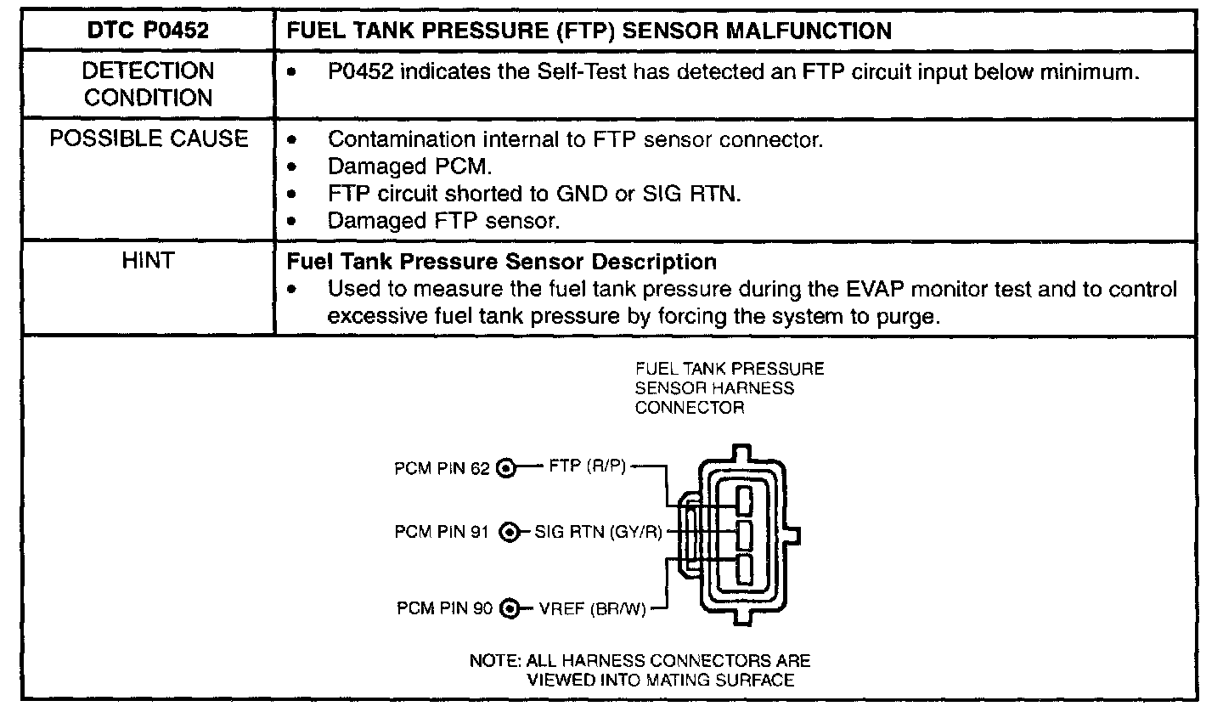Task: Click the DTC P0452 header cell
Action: click(x=149, y=32)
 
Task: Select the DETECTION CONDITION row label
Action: click(x=149, y=84)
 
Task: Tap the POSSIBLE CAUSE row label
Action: click(x=149, y=139)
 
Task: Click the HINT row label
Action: click(x=149, y=262)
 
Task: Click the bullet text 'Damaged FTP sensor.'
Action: click(x=443, y=221)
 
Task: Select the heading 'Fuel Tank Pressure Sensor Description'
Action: click(x=503, y=262)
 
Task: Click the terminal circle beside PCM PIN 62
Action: click(x=506, y=468)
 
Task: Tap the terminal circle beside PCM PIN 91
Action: click(x=509, y=533)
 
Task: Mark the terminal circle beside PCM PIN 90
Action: click(x=510, y=608)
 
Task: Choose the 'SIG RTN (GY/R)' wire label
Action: click(x=597, y=533)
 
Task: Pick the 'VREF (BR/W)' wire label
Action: click(x=592, y=608)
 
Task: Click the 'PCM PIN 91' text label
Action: click(x=442, y=533)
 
